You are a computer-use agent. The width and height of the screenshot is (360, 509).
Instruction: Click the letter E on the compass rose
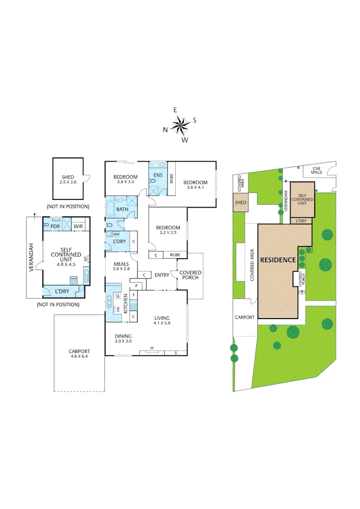click(175, 110)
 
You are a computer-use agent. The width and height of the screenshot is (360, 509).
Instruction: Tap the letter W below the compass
click(185, 140)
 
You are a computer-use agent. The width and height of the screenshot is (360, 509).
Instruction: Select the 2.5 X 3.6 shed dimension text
click(68, 182)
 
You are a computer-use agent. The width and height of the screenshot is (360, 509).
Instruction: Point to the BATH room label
click(122, 209)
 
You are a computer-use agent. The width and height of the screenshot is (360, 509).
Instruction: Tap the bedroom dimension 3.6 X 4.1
click(195, 188)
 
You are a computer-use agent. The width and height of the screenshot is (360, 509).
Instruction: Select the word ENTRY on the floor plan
click(162, 275)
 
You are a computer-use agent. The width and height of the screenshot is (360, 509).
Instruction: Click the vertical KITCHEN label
click(126, 304)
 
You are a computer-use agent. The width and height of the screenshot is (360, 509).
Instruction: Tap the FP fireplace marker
click(152, 349)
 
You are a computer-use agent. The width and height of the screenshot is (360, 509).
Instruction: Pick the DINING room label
click(123, 336)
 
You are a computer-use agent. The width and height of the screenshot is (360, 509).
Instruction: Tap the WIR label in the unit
click(78, 226)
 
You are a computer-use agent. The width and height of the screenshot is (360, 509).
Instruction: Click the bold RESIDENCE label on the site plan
click(278, 260)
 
